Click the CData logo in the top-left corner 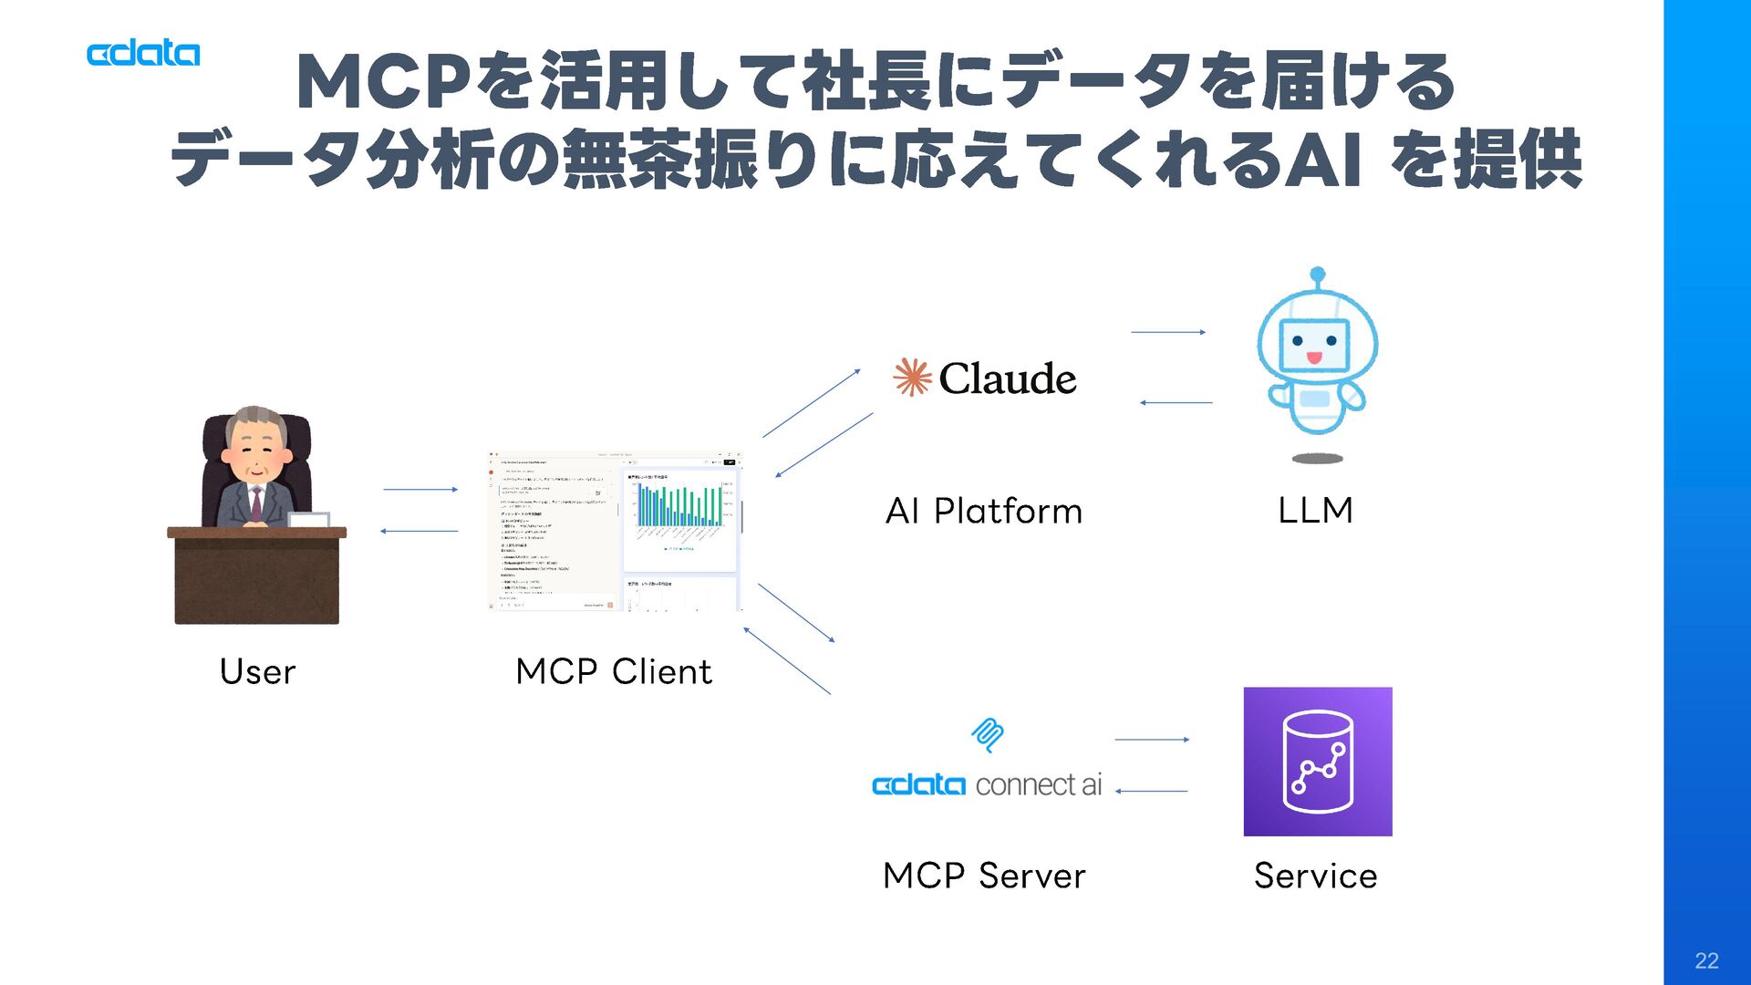coord(143,54)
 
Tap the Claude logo coord(985,378)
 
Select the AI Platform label coord(984,511)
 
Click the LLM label coord(1315,510)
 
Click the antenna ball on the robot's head coord(1317,274)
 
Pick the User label coord(257,672)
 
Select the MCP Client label coord(614,672)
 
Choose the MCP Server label coord(984,876)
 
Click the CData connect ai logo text coord(987,785)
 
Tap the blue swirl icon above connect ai coord(988,734)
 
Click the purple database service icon coord(1317,762)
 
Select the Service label coord(1315,876)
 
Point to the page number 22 coord(1706,960)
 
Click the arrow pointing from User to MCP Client coord(420,490)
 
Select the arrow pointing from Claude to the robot coord(1168,332)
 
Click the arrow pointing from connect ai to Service coord(1152,740)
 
